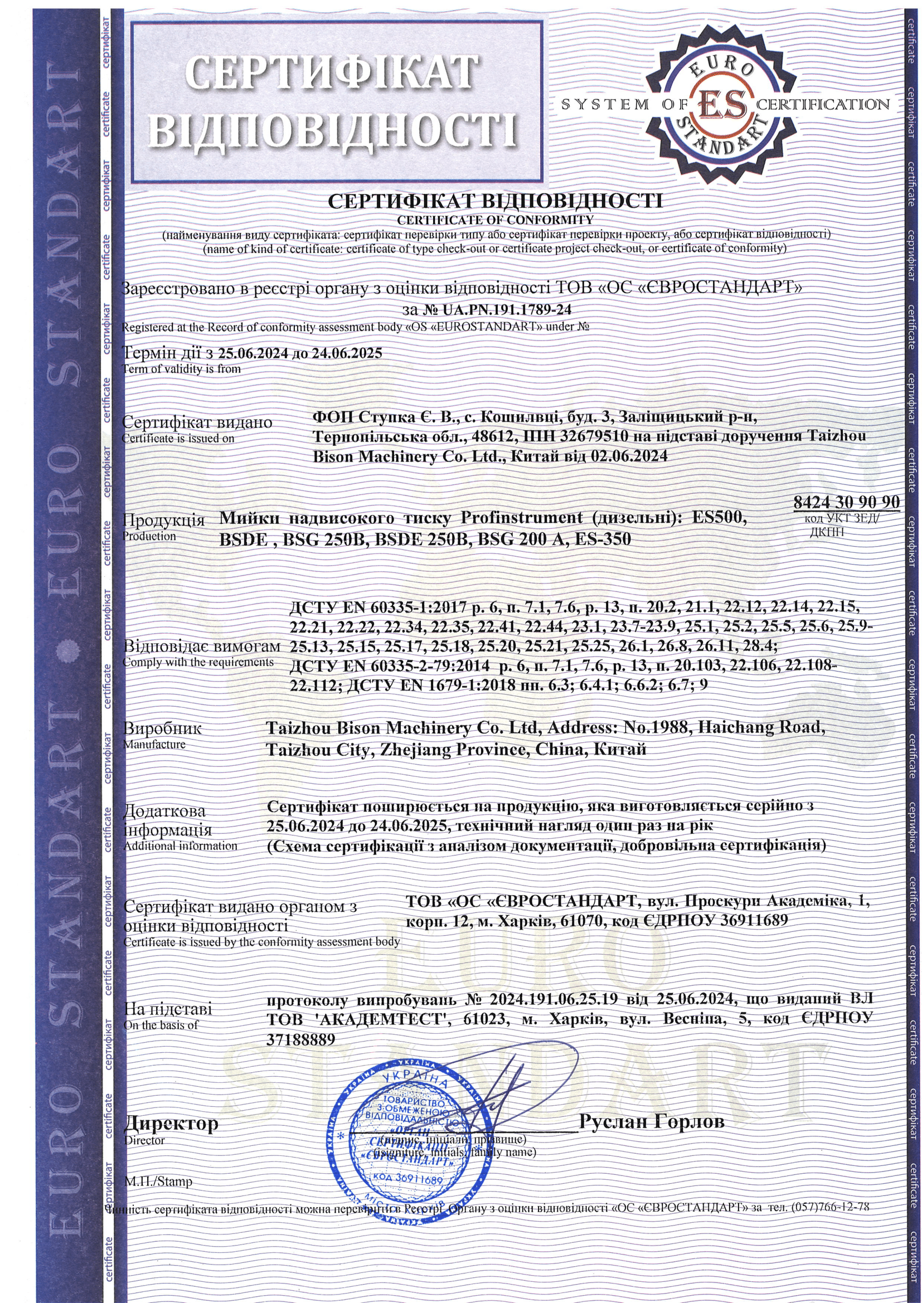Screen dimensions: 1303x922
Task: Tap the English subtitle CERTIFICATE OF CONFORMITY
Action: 495,220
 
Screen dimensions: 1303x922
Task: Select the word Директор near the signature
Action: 171,1122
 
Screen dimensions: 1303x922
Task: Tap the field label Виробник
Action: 162,728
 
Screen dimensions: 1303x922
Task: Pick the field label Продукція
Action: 164,520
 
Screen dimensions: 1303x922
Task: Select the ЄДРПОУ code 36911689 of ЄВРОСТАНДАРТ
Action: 754,920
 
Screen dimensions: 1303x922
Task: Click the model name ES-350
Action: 603,538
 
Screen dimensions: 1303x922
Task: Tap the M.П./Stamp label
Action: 158,1182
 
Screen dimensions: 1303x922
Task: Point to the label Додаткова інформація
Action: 167,820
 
